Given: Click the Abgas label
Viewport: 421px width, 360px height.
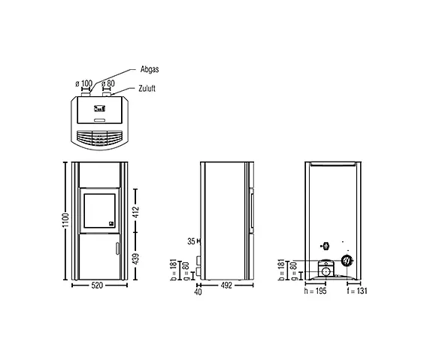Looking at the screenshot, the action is (x=150, y=69).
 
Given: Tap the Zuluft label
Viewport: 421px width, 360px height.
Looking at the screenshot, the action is (x=147, y=89).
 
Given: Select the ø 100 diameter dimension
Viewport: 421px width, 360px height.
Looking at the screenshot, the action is (x=84, y=83).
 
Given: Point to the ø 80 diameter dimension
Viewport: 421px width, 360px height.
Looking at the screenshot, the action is (x=108, y=83).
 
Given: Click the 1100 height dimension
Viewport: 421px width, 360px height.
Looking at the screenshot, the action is (x=65, y=220).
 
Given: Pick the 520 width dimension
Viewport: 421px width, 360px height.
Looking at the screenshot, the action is (x=97, y=286).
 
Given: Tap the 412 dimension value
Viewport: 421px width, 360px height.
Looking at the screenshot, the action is (x=136, y=212).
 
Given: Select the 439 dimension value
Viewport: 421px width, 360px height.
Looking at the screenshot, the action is (x=136, y=259).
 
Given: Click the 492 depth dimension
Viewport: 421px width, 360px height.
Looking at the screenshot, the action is (x=226, y=286).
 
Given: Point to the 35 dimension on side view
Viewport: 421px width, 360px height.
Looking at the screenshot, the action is (x=191, y=241).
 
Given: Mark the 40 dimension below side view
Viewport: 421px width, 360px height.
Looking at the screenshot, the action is (x=198, y=292).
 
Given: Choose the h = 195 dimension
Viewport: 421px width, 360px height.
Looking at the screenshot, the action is (x=315, y=291).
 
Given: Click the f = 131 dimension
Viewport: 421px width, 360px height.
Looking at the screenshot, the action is (x=357, y=291).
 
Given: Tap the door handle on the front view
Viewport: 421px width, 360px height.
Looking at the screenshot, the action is (x=117, y=248).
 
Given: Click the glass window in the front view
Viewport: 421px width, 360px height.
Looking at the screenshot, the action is (x=99, y=210).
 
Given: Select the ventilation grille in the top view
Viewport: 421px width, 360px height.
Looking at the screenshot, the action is (x=99, y=138).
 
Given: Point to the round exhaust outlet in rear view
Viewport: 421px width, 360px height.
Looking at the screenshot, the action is (x=326, y=271).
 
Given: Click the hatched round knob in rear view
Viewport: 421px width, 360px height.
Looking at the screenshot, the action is (x=347, y=260).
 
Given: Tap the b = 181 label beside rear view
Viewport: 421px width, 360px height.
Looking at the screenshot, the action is (x=281, y=270).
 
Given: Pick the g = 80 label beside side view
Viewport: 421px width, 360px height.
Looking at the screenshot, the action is (x=186, y=271).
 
